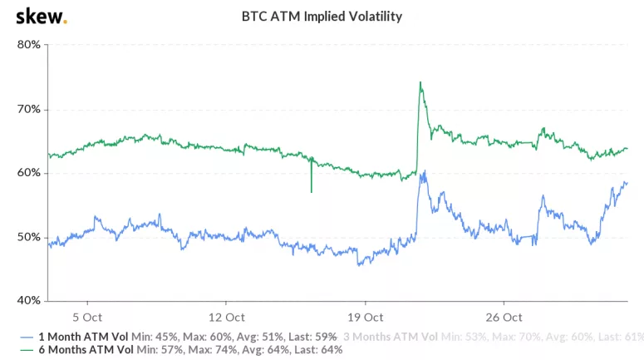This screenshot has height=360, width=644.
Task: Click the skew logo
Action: coord(42,15)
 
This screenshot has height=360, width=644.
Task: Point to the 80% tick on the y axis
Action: coord(29,45)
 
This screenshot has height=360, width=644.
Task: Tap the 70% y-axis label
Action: coord(29,109)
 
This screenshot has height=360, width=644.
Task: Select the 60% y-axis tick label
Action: coord(29,173)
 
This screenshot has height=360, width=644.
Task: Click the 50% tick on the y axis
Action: coord(29,237)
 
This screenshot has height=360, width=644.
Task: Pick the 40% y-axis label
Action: coord(29,301)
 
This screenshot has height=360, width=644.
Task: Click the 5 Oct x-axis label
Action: coord(87,317)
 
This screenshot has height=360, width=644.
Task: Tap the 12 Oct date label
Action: coord(226,317)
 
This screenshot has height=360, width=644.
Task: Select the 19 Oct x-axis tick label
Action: coord(366,317)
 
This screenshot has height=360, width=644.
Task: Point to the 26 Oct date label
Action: coord(504,317)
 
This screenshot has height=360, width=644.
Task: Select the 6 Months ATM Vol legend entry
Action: coord(179,350)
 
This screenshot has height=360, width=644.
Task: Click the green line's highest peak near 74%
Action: coord(420,82)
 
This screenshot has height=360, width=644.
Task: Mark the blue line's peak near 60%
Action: coord(425,172)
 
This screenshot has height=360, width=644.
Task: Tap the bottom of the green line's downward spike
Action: coord(312,192)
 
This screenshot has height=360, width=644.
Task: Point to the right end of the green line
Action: coord(627,149)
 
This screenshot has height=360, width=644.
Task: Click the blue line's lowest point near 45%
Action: coord(358,265)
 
